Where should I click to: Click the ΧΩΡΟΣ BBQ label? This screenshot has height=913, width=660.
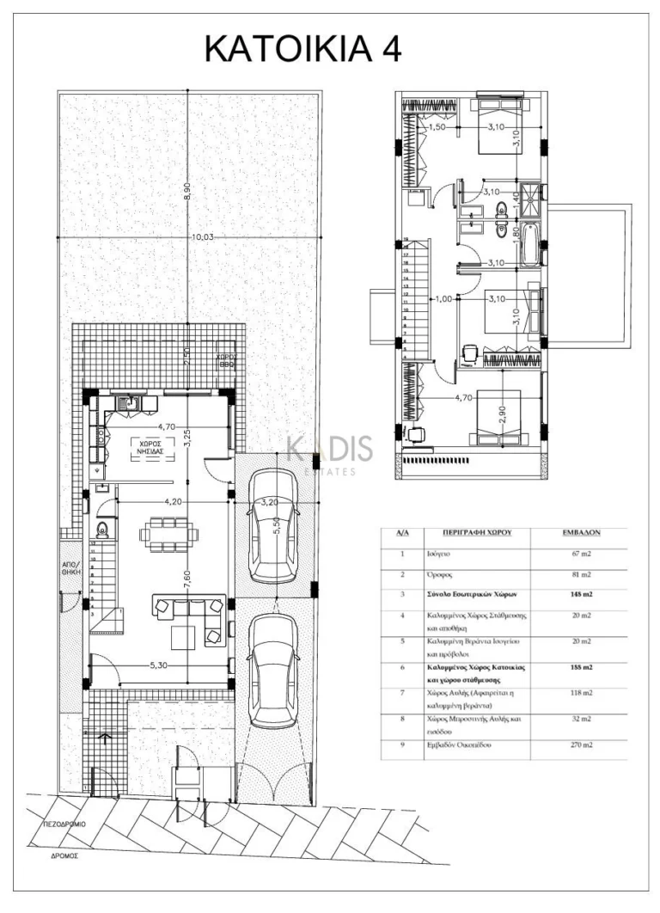coord(226,359)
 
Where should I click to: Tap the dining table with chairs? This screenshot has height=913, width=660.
coord(168,534)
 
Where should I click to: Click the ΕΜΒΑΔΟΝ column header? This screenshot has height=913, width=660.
coord(580,532)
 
